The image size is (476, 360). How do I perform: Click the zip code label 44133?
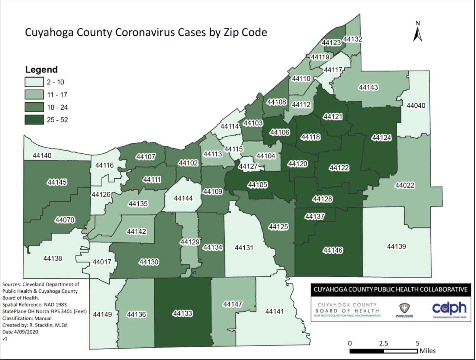183,314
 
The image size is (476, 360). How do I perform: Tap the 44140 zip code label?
42,155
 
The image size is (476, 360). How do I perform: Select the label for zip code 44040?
416,106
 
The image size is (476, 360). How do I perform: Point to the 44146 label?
333,250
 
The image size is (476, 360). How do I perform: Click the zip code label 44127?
248,166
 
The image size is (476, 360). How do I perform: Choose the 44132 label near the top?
352,39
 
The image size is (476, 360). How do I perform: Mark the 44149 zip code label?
102,314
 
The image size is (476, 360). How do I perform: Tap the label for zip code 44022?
405,185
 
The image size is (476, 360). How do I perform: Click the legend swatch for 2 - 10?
34,82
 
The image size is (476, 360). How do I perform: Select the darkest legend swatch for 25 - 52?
34,120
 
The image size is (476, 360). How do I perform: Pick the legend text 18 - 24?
57,107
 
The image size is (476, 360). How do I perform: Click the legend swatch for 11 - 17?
34,95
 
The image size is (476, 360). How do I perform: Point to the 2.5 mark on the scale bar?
383,343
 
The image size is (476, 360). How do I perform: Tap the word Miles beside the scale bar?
428,351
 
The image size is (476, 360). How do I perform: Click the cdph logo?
449,309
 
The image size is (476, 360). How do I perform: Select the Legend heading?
41,69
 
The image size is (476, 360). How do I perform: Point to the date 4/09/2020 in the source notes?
25,332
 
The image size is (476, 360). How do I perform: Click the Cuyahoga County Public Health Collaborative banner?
390,289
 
